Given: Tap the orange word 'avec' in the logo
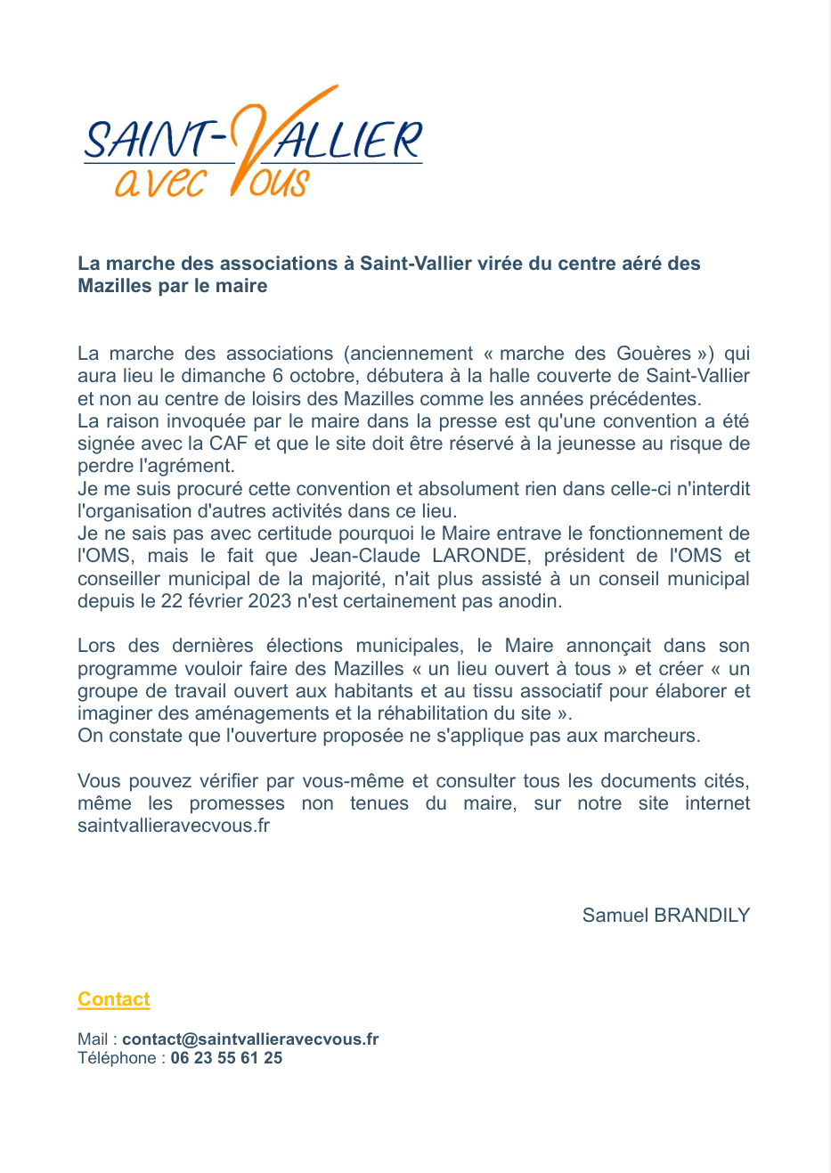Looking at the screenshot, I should (x=159, y=182).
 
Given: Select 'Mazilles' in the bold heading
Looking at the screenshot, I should (x=115, y=286).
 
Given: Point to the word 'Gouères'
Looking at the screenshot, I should (x=654, y=354).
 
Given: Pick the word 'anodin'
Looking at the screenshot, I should (x=531, y=601).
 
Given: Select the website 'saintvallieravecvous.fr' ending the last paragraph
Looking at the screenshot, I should (x=174, y=826).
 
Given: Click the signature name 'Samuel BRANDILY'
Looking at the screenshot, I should (x=665, y=916).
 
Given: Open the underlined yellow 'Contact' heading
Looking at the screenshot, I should (x=114, y=999).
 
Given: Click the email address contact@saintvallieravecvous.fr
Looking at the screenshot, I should (x=250, y=1039).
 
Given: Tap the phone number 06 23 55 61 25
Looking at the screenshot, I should (x=226, y=1058).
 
